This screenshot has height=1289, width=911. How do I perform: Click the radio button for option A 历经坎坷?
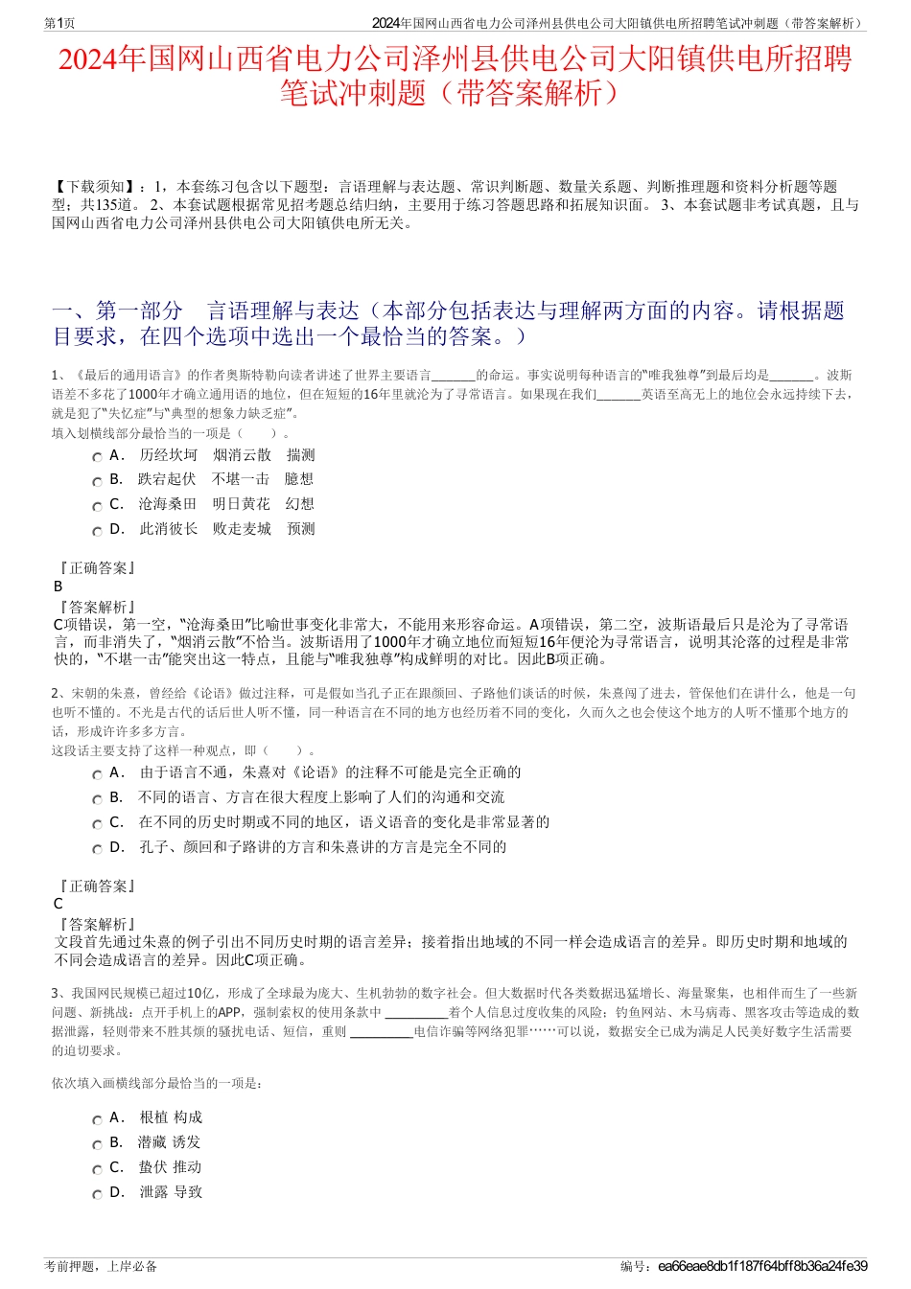coord(97,457)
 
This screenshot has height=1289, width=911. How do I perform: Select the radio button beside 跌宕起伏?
coord(97,481)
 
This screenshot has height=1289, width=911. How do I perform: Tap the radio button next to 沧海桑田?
coord(97,506)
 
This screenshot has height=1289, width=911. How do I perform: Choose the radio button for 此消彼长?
coord(97,531)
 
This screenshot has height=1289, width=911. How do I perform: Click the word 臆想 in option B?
coord(299,479)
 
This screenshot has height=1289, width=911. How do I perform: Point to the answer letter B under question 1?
coord(58,587)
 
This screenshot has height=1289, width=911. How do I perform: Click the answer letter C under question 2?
coord(58,904)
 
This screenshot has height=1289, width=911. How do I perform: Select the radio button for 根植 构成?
coord(97,1119)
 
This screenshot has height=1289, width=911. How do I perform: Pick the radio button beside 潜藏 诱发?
coord(97,1144)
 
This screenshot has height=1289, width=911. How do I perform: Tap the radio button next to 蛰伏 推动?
coord(97,1169)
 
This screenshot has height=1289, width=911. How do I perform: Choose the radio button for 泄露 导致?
coord(97,1194)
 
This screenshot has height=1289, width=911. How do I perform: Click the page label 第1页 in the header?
coord(60,23)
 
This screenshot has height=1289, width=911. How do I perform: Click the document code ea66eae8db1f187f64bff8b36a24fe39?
coord(762,1267)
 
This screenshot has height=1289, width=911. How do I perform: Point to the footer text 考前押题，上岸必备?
coord(101,1267)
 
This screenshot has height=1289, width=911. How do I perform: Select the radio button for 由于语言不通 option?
coord(97,774)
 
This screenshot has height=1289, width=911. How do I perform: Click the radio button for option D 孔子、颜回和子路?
coord(97,849)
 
